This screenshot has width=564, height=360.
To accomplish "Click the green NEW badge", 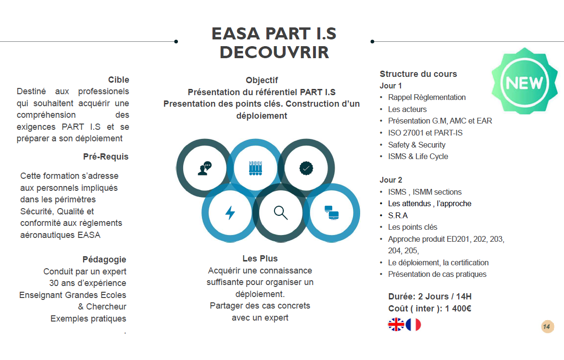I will (524, 83).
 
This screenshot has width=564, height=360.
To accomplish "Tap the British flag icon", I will (396, 325).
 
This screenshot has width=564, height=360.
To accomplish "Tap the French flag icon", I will (414, 325).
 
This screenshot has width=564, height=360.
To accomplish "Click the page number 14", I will (547, 327).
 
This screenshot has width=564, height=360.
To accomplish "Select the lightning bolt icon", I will (230, 212).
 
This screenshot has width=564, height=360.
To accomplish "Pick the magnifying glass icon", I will (280, 212).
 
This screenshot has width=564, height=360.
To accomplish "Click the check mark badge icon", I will (306, 168).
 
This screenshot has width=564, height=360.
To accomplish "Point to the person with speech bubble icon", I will (204, 168).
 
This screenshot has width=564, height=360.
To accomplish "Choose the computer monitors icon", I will (331, 212).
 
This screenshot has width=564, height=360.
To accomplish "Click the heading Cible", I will (118, 80).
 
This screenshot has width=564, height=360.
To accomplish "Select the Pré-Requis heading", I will (106, 157).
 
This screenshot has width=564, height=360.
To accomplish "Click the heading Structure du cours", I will (418, 74).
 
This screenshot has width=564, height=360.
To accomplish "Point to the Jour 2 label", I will (390, 180).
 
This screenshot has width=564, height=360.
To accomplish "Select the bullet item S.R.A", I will (398, 215).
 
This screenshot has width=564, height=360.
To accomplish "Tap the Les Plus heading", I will (260, 259).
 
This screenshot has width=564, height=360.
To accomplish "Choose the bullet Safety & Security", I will (416, 145).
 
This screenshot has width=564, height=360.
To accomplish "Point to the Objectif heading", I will (262, 80).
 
